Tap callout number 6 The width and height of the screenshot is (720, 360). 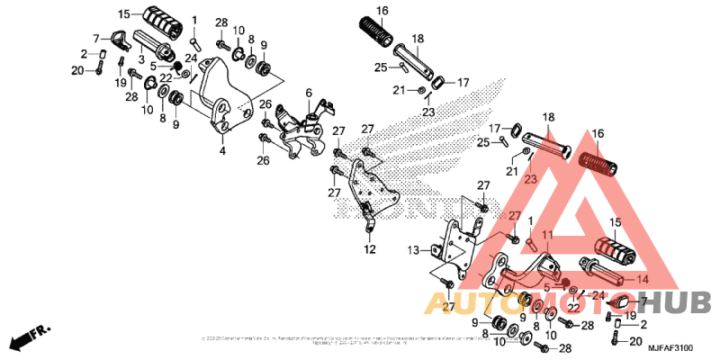coord(308,93)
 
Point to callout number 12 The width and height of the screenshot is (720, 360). coord(369,249)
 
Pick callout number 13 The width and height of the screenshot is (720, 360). coord(413,249)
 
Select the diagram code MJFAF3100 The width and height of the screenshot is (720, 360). coord(670,347)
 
